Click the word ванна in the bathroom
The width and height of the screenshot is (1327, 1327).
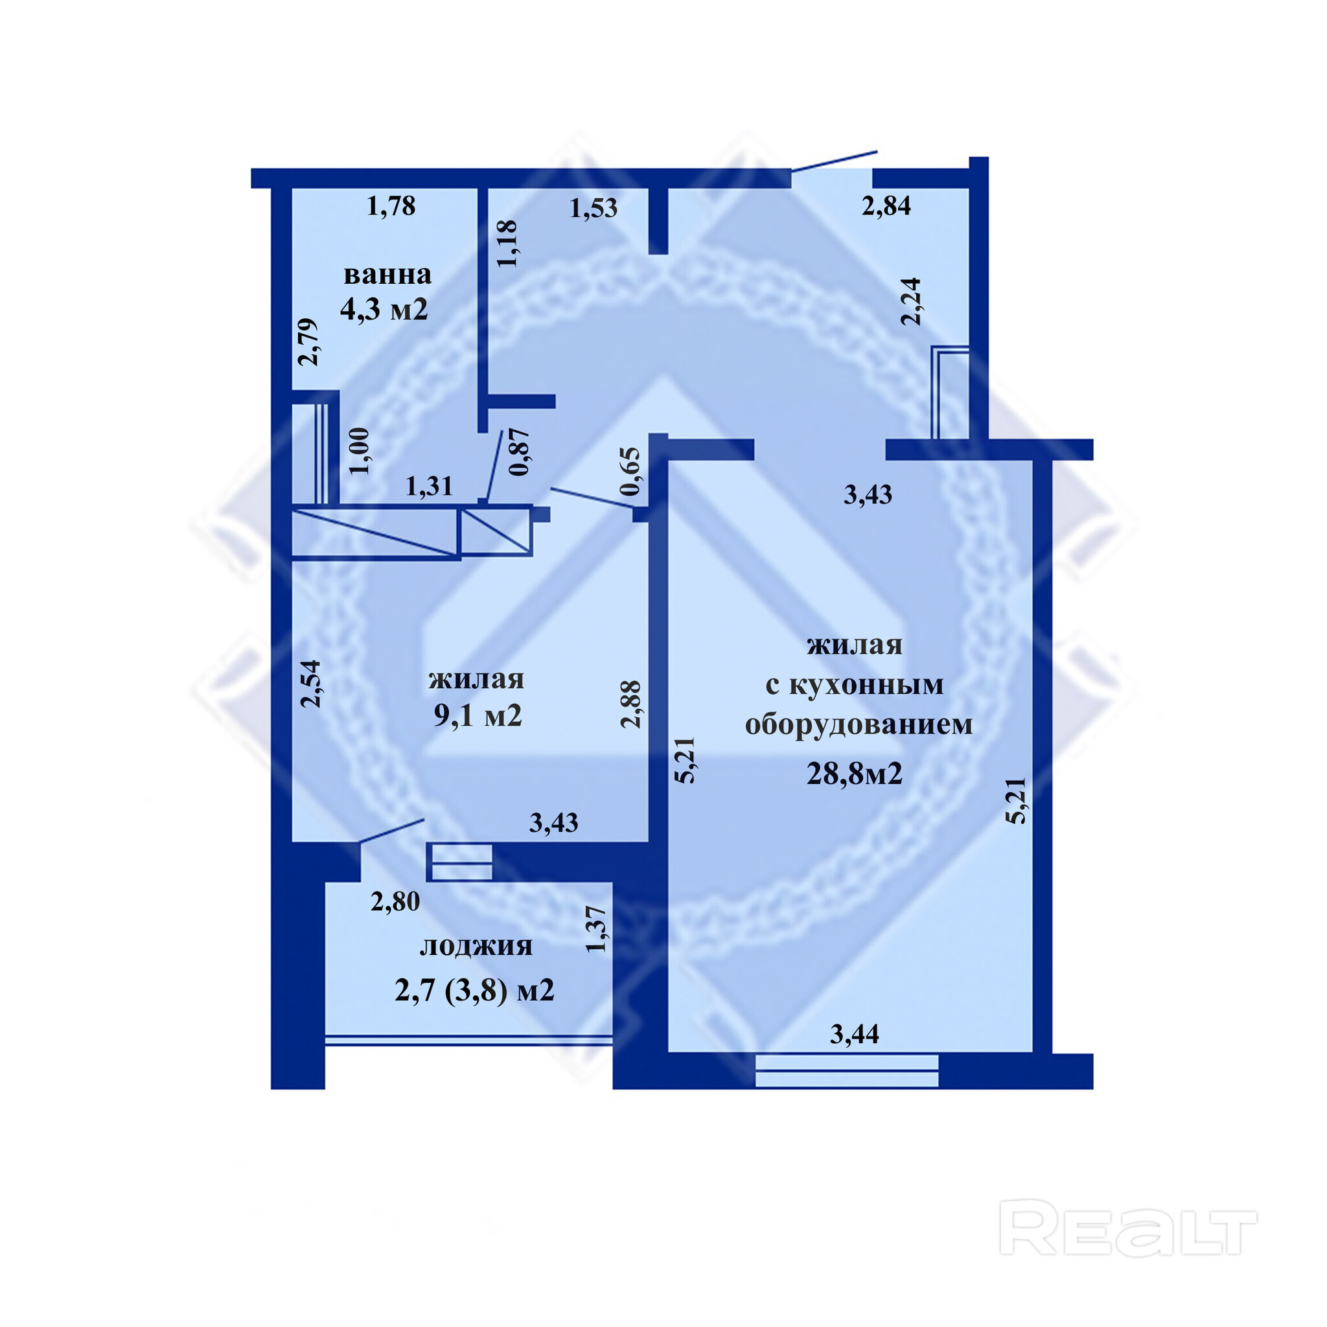pos(387,275)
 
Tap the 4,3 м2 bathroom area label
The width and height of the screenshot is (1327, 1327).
pos(384,309)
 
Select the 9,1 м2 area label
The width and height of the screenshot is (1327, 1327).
pos(478,716)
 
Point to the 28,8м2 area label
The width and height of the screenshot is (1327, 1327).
pos(854,774)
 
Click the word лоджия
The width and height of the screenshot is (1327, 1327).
pos(476,946)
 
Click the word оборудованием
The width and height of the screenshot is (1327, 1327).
pos(859,724)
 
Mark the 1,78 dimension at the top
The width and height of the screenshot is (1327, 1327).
pos(391,205)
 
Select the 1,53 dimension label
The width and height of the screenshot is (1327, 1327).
pos(594,207)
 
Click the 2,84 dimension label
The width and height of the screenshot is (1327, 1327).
pos(886,205)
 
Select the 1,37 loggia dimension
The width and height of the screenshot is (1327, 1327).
pos(595,929)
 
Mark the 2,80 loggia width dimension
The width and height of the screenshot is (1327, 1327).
pos(395,901)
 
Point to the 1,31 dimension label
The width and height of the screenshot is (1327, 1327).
pos(430,487)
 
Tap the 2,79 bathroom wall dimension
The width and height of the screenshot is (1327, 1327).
pos(308,342)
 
